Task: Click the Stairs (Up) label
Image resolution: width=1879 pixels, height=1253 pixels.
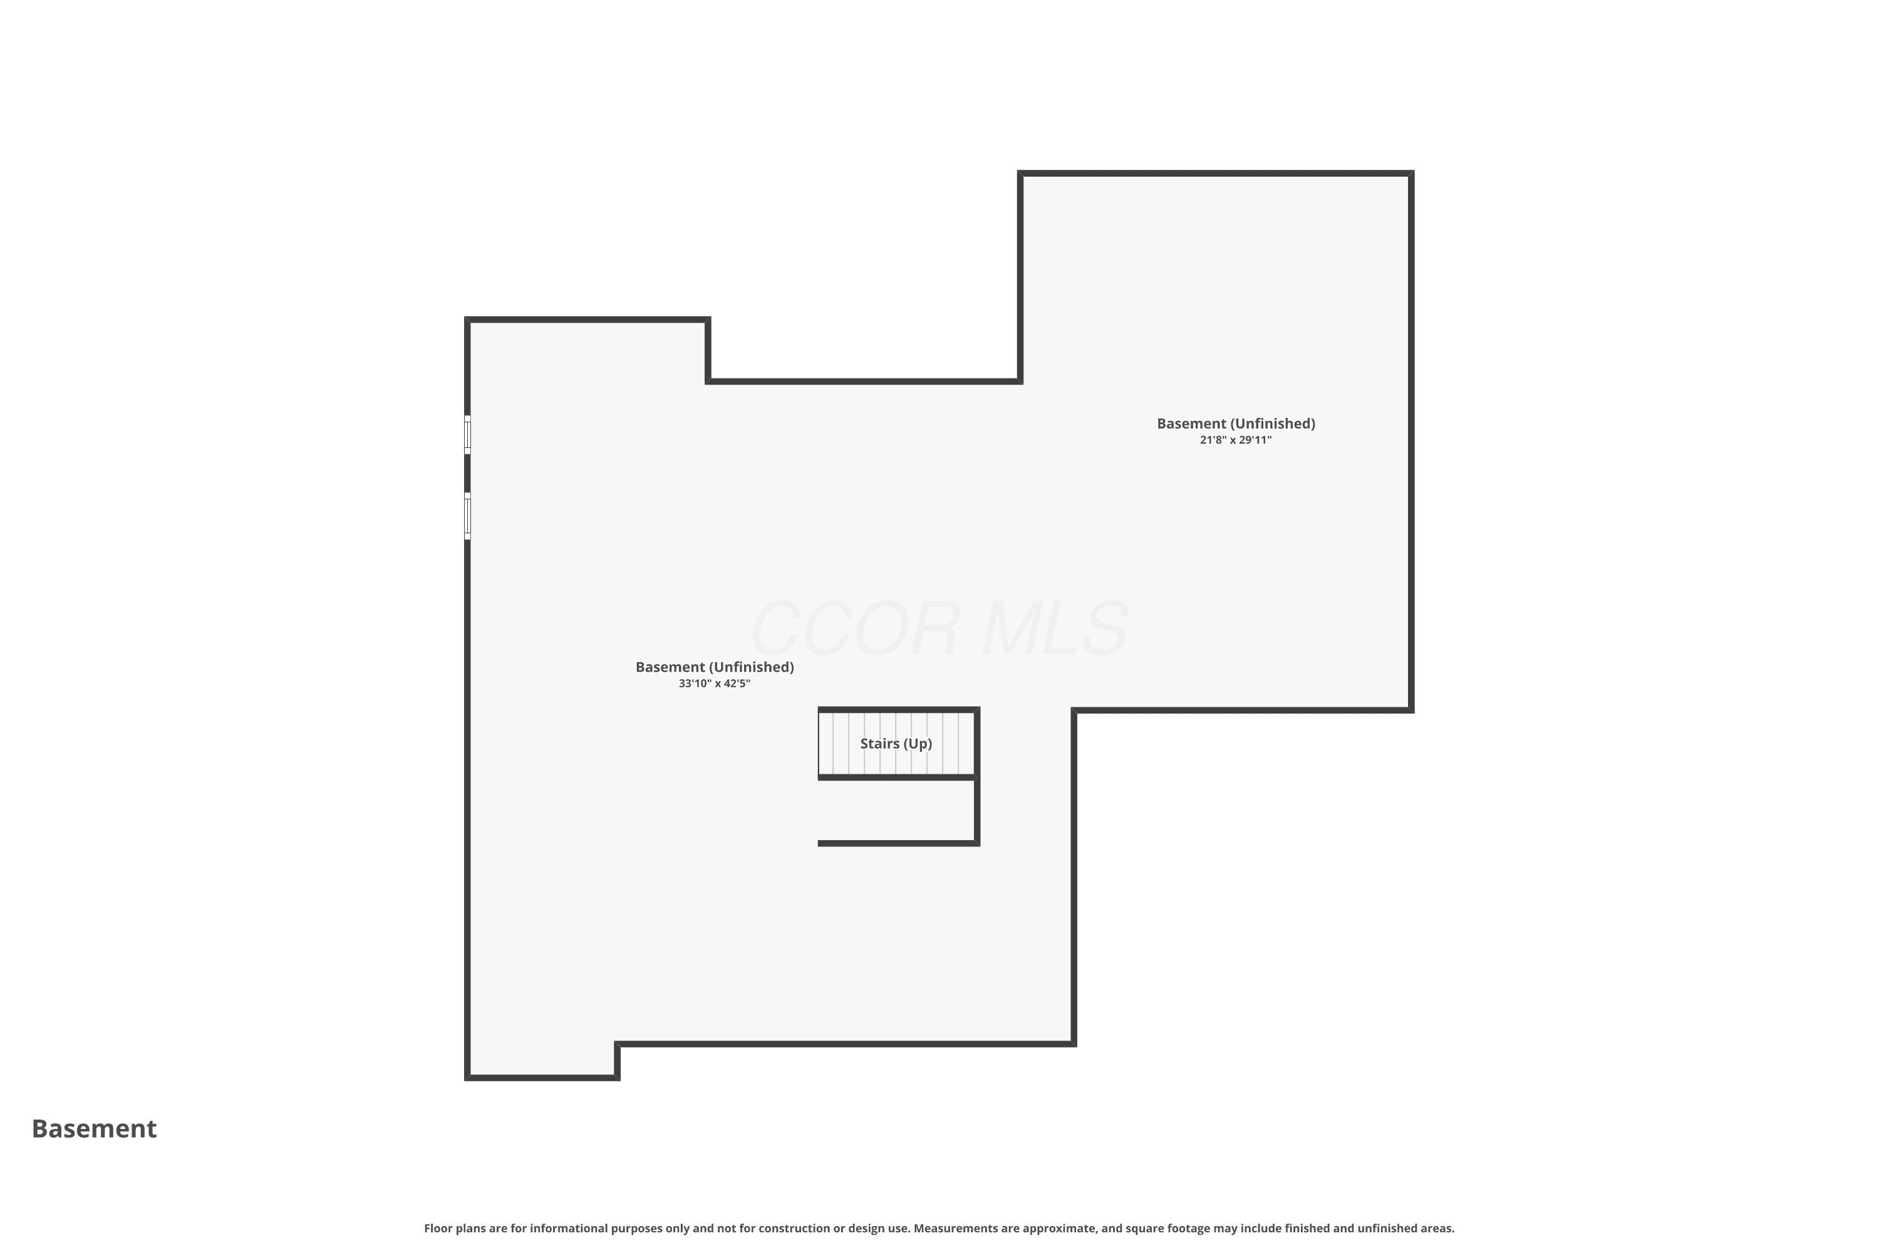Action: pyautogui.click(x=896, y=744)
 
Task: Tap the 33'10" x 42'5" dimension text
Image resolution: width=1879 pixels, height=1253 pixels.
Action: pyautogui.click(x=714, y=684)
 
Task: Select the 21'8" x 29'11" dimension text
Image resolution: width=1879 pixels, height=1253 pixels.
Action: pyautogui.click(x=1235, y=440)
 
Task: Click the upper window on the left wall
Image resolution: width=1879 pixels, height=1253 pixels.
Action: pyautogui.click(x=467, y=435)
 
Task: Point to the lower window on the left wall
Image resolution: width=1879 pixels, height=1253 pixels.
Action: pyautogui.click(x=467, y=516)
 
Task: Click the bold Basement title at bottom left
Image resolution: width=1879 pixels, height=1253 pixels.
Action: pyautogui.click(x=95, y=1128)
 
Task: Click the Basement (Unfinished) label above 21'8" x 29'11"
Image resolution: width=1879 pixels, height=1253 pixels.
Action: pyautogui.click(x=1236, y=424)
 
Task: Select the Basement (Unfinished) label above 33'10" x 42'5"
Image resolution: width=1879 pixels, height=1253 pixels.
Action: pyautogui.click(x=714, y=667)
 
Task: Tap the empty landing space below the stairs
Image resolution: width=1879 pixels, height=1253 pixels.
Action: pyautogui.click(x=896, y=810)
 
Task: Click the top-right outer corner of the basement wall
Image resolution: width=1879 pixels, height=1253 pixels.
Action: pyautogui.click(x=1413, y=171)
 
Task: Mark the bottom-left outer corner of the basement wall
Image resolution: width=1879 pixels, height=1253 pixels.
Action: pyautogui.click(x=466, y=1079)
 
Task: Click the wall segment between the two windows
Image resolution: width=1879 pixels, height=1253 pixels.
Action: pyautogui.click(x=467, y=474)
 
